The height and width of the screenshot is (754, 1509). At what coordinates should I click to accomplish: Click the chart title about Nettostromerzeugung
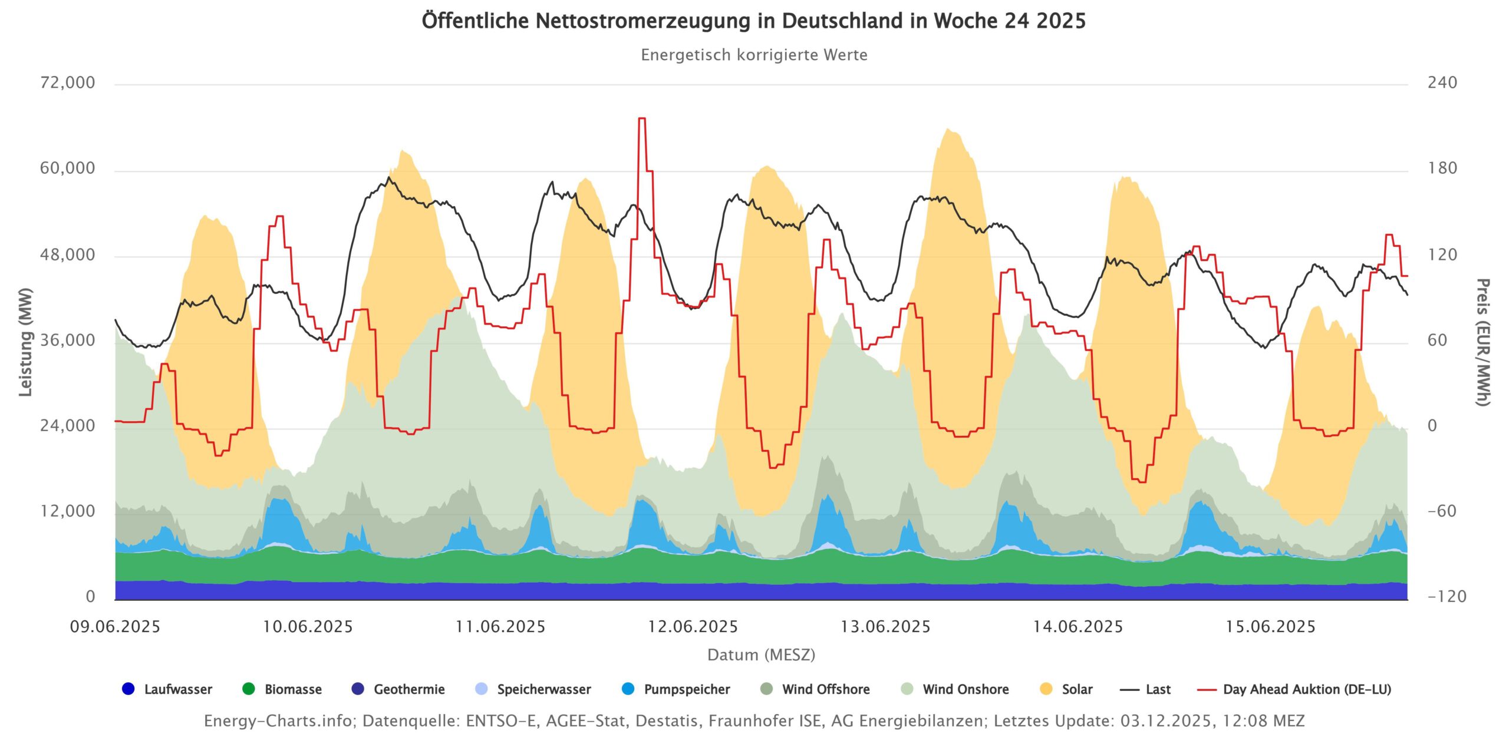(753, 21)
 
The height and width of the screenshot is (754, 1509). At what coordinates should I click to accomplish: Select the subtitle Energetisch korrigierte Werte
(754, 55)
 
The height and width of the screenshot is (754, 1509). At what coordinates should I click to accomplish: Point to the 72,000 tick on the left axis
(67, 82)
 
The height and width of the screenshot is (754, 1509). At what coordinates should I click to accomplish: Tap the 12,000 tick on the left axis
(67, 511)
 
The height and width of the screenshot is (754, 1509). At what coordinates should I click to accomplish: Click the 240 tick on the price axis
(1442, 82)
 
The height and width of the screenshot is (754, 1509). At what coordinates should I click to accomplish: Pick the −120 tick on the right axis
(1447, 597)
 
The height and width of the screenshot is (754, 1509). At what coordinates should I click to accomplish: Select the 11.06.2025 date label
(500, 627)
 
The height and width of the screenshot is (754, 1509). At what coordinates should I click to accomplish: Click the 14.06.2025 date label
(1078, 627)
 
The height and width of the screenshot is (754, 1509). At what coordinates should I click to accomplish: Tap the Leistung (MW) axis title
(25, 342)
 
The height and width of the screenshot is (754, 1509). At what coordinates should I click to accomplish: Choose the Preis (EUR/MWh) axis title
(1483, 342)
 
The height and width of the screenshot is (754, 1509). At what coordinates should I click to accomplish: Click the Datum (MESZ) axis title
(761, 655)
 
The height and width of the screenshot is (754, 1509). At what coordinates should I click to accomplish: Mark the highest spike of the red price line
(642, 119)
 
